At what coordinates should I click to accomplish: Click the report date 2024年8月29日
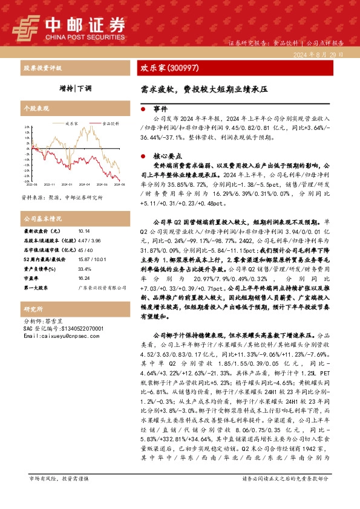325,54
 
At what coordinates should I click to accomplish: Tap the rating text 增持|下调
75,87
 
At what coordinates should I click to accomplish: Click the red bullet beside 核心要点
142,155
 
